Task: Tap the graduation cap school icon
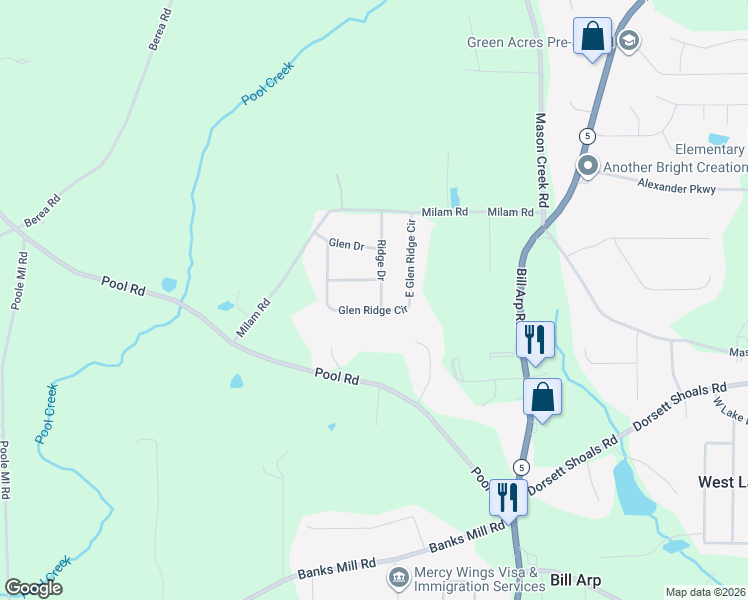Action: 629,41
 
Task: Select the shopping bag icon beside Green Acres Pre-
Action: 592,37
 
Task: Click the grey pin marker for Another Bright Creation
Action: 587,167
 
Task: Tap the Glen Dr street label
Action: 345,244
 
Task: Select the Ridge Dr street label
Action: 380,261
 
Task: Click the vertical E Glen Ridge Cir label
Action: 409,260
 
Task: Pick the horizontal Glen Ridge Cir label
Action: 372,310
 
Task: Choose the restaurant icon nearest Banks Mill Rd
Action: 509,496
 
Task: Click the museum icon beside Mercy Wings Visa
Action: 398,578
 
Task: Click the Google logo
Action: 33,588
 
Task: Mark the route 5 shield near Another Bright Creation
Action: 587,135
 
